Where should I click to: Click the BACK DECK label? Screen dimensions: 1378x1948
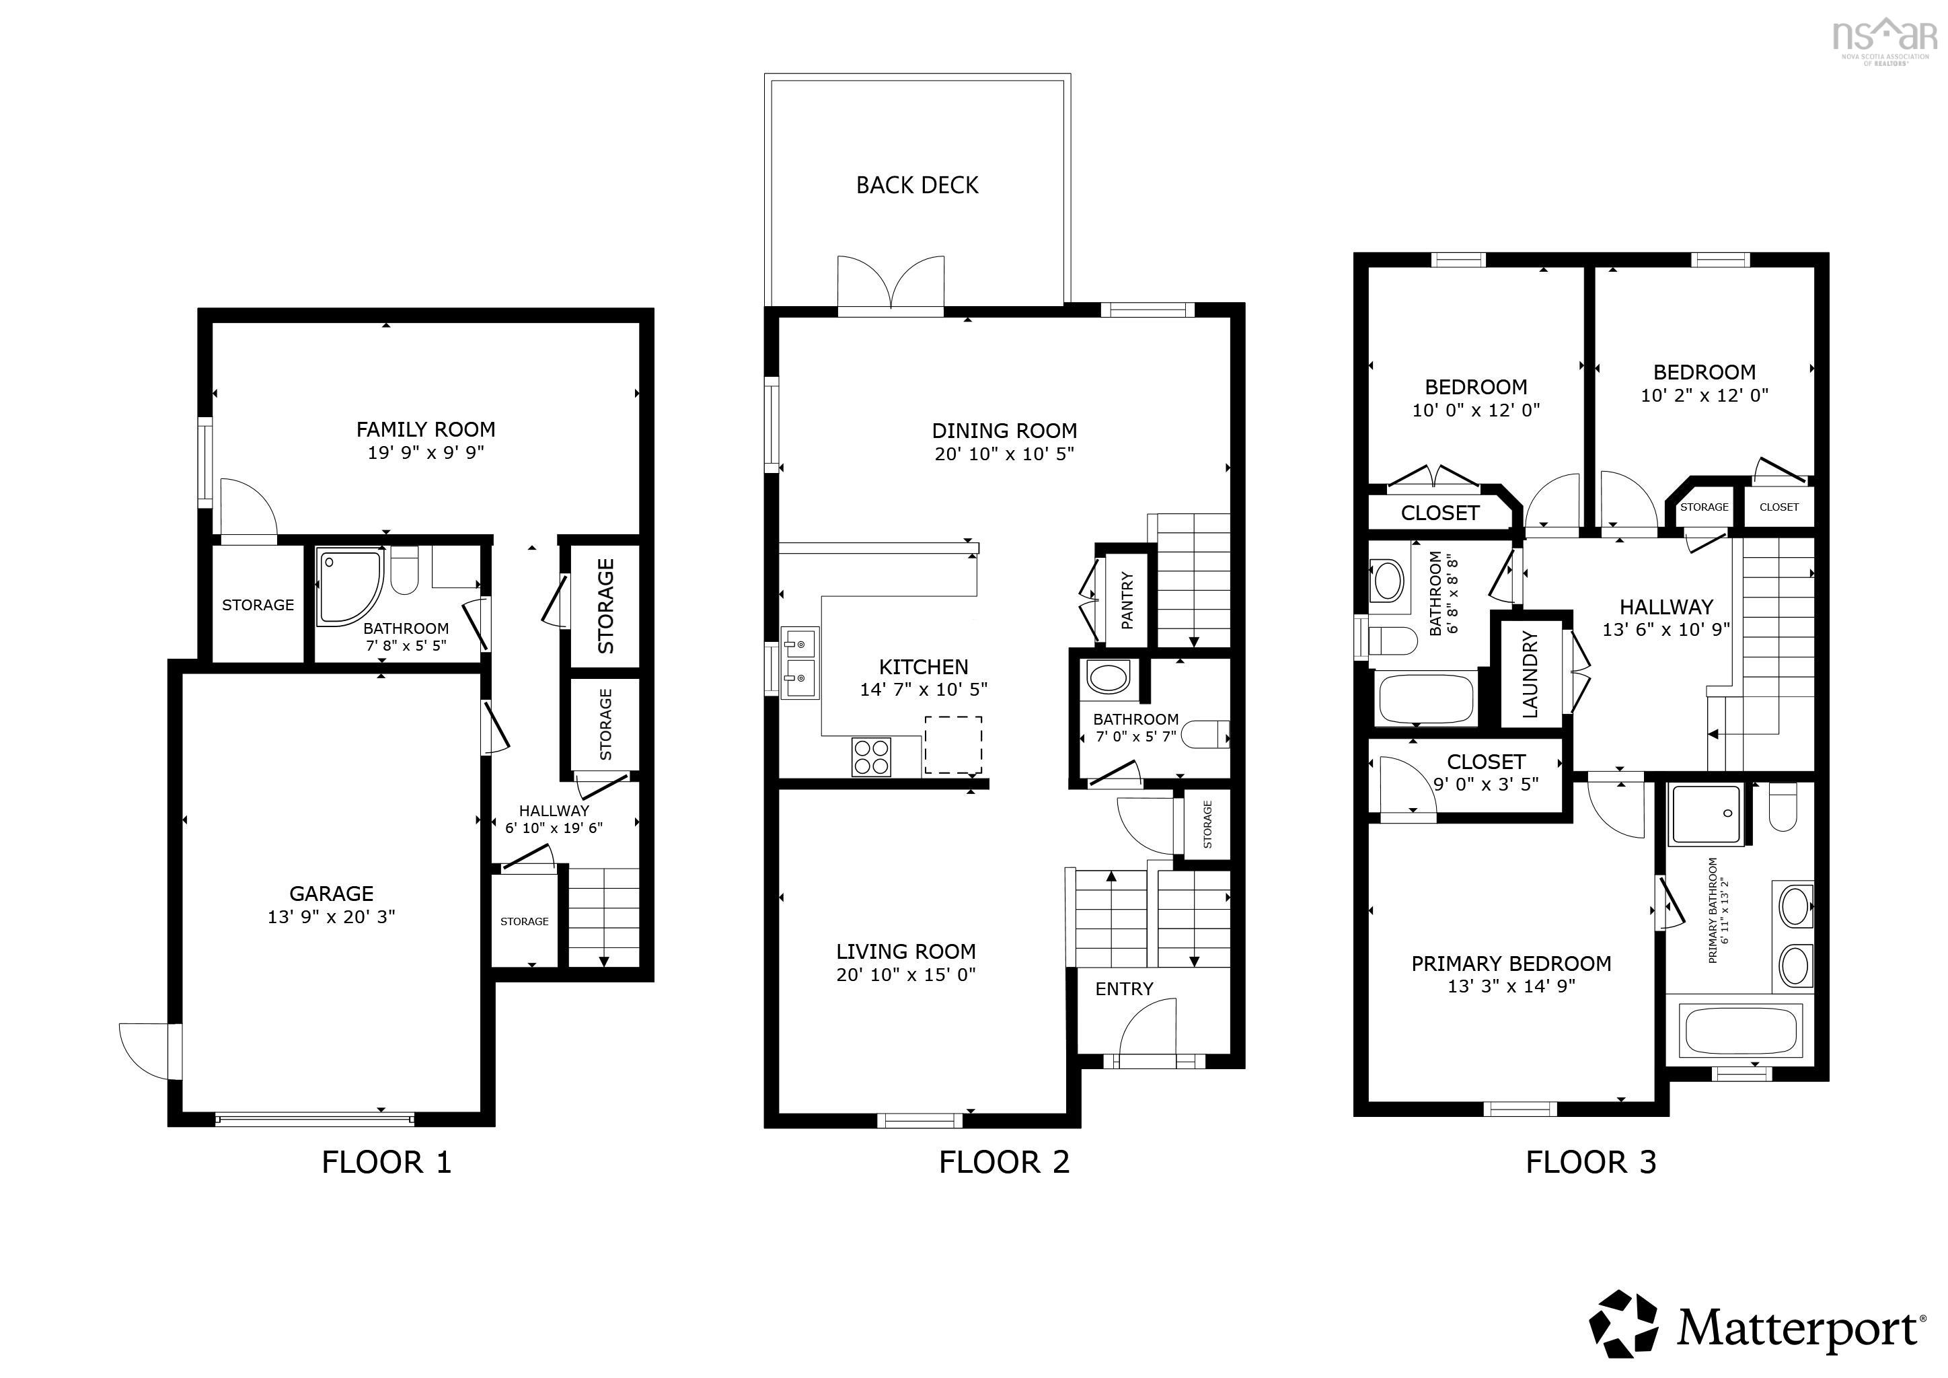point(916,185)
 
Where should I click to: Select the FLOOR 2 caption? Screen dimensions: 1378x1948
point(1004,1161)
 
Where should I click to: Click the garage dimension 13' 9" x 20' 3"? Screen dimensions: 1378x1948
point(331,916)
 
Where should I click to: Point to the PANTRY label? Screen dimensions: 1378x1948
point(1127,601)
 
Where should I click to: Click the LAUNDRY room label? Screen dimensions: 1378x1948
point(1530,675)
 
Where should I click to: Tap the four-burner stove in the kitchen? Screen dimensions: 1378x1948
point(871,757)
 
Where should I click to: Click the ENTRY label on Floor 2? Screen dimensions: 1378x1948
point(1123,988)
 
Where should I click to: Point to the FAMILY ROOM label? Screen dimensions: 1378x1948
point(425,429)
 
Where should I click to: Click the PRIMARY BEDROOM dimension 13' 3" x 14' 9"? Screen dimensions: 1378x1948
point(1510,986)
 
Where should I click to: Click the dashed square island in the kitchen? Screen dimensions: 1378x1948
point(952,744)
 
